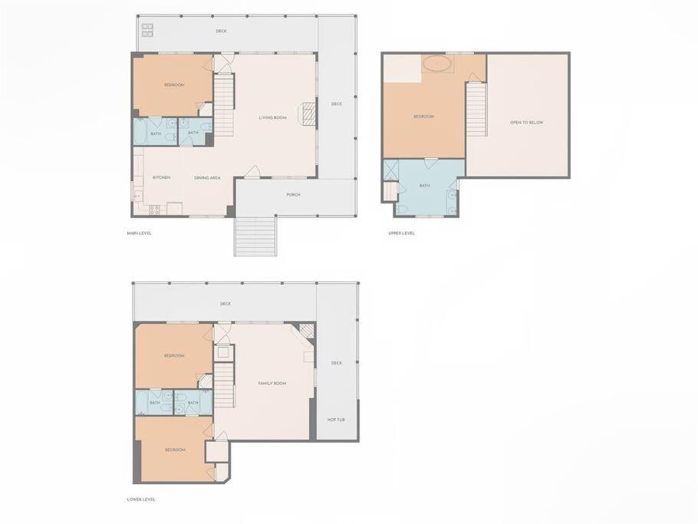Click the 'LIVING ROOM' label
pyautogui.click(x=272, y=118)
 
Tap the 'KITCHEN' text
pyautogui.click(x=162, y=178)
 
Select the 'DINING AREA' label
pyautogui.click(x=207, y=178)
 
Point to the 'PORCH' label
pyautogui.click(x=293, y=195)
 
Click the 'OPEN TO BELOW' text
pyautogui.click(x=527, y=123)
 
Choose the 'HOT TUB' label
pyautogui.click(x=336, y=420)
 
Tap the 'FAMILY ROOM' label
pyautogui.click(x=272, y=384)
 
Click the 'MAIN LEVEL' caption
pyautogui.click(x=140, y=233)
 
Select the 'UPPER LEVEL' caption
pyautogui.click(x=401, y=233)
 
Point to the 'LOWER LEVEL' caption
pyautogui.click(x=141, y=499)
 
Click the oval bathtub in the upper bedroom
pyautogui.click(x=438, y=64)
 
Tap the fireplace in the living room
pyautogui.click(x=309, y=115)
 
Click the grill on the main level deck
pyautogui.click(x=148, y=30)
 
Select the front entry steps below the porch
pyautogui.click(x=255, y=236)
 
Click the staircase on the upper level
pyautogui.click(x=476, y=110)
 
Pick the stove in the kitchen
pyautogui.click(x=154, y=209)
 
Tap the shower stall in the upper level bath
pyautogui.click(x=391, y=170)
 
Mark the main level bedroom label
pyautogui.click(x=174, y=85)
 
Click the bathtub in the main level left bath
pyautogui.click(x=141, y=132)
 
